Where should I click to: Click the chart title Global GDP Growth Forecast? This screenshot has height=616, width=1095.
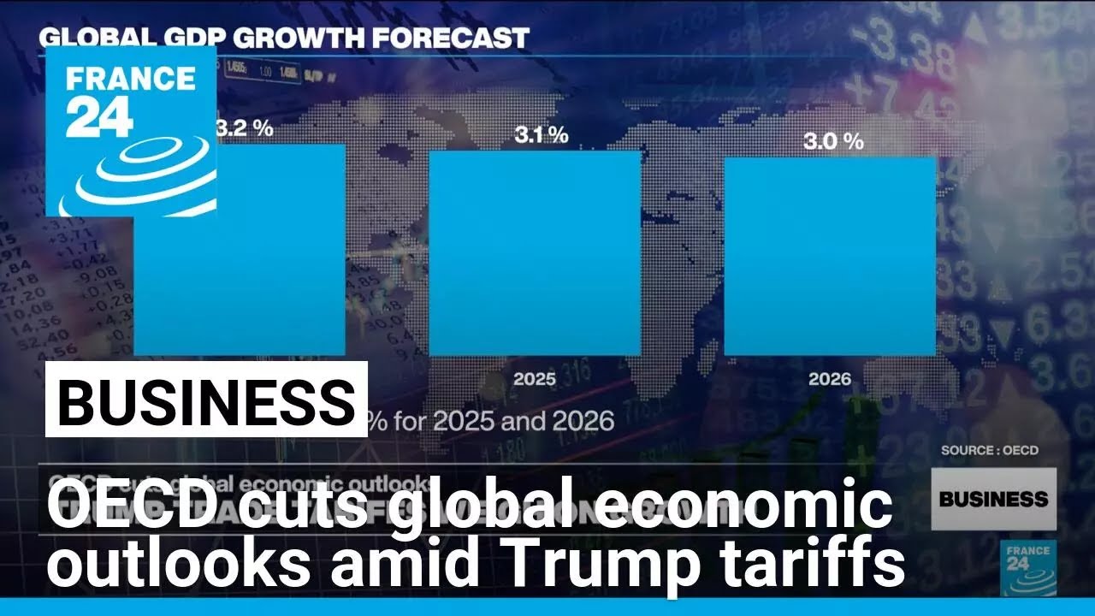(x=284, y=38)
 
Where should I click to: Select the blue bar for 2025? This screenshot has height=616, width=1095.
(x=534, y=252)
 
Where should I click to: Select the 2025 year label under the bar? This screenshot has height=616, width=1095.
(x=534, y=378)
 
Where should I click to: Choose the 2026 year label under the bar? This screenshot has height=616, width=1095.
(x=830, y=378)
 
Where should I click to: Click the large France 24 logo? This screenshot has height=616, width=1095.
(x=131, y=131)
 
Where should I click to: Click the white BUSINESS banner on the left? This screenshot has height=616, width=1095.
(x=206, y=400)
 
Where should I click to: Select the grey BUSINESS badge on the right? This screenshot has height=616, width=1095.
(x=993, y=499)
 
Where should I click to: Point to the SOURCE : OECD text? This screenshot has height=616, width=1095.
(x=989, y=450)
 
